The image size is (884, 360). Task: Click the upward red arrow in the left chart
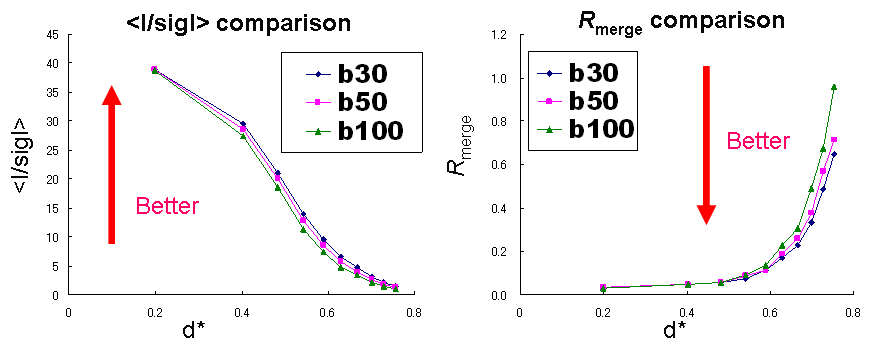(x=112, y=165)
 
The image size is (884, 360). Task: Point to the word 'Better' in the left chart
(x=168, y=207)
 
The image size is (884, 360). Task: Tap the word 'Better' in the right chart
(x=759, y=142)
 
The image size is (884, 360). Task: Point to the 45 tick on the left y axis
(x=51, y=35)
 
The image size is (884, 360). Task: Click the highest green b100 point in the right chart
(x=834, y=87)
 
